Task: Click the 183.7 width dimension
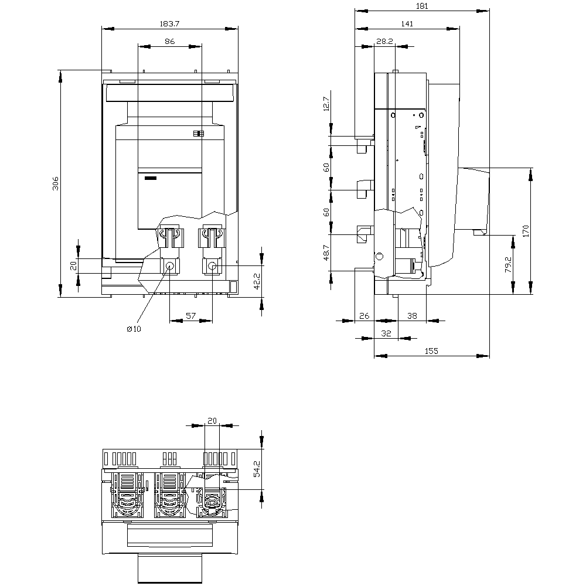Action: point(170,23)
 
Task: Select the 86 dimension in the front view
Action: point(170,41)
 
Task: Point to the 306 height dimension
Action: point(55,183)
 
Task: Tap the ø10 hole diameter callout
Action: point(134,329)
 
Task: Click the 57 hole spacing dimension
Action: point(190,316)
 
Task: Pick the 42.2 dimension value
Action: point(257,281)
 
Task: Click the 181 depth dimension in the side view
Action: point(421,6)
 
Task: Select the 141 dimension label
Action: point(407,23)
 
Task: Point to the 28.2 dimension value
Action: point(384,41)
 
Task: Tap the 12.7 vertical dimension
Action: point(326,104)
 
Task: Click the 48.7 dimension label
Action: point(326,253)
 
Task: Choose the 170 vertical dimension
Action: point(526,231)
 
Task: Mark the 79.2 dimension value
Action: point(508,264)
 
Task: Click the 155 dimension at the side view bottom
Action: point(431,351)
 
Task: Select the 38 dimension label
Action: point(412,316)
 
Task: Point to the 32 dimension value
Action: point(386,333)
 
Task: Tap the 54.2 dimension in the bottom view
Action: point(257,469)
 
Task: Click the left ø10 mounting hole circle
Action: point(170,266)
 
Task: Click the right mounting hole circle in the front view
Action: point(212,266)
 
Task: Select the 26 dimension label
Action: point(364,316)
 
